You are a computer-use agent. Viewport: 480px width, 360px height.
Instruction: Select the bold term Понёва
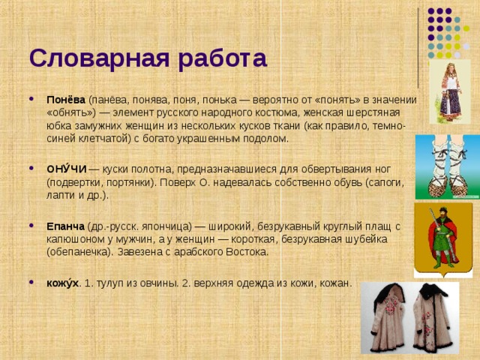click(66, 100)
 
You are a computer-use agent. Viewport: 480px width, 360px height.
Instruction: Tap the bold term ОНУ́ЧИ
click(66, 169)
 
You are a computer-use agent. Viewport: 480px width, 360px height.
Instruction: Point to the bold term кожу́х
click(62, 283)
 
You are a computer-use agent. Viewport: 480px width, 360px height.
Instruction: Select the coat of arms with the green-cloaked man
click(442, 239)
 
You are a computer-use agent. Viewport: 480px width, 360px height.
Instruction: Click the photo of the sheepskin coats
click(411, 318)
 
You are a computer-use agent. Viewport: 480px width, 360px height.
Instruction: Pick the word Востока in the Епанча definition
click(245, 252)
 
